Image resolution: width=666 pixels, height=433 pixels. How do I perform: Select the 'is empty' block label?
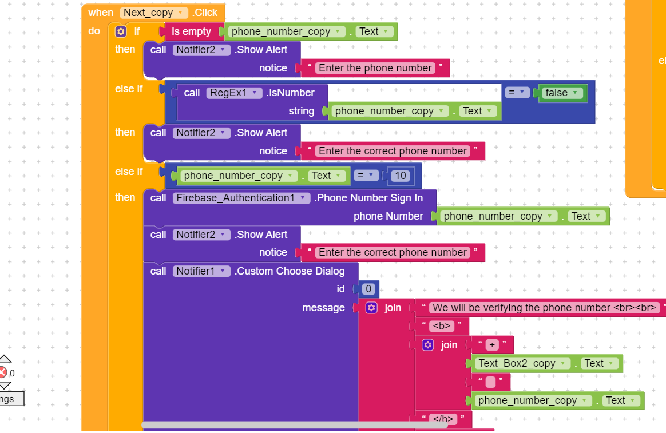(191, 31)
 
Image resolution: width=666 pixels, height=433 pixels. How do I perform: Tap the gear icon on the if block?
(121, 31)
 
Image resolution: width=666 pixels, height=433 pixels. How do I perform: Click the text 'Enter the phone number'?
(375, 68)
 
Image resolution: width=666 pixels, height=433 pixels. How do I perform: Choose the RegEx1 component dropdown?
(234, 93)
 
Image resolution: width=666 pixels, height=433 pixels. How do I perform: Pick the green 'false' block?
(562, 93)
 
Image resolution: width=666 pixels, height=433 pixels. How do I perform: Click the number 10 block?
(401, 176)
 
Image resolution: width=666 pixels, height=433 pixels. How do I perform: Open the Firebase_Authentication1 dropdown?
(241, 198)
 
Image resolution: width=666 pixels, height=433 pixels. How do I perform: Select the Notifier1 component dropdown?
(202, 271)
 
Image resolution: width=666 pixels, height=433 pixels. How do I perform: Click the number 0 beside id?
(369, 289)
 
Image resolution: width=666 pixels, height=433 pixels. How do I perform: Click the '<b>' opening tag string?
(442, 326)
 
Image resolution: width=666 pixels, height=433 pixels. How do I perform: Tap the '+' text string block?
(492, 345)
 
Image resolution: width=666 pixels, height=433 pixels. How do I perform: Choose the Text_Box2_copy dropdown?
(521, 363)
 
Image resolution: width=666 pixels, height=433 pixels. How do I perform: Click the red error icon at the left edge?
(3, 373)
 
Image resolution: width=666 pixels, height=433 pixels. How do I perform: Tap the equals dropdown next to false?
(517, 93)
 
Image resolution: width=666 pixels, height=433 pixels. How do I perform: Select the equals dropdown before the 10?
(366, 176)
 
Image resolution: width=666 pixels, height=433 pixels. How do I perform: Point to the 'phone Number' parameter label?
(388, 216)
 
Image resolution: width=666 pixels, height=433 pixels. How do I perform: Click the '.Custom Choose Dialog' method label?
(290, 271)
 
